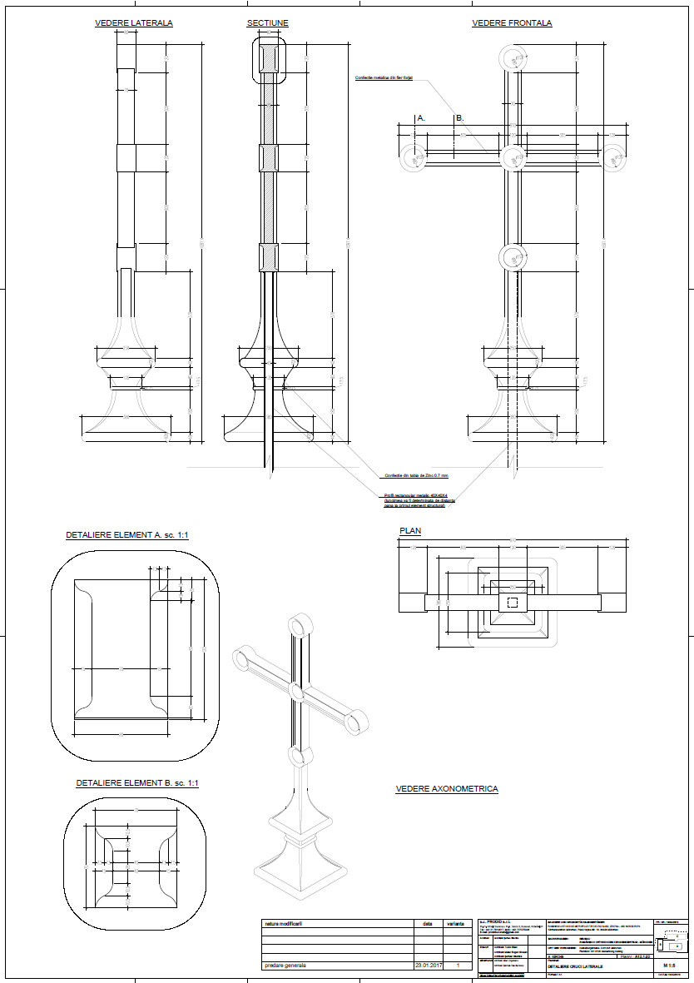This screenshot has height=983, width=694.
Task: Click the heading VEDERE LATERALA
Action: [x=134, y=23]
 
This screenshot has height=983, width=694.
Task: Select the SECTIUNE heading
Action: [x=267, y=23]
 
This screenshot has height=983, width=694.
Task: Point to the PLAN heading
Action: [x=411, y=530]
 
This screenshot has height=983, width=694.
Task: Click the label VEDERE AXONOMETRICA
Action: [x=447, y=788]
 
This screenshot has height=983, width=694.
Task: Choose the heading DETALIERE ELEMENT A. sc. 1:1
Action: [x=127, y=534]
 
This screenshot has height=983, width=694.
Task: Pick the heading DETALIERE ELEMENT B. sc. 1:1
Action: [x=137, y=783]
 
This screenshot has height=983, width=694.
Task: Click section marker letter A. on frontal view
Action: [x=421, y=118]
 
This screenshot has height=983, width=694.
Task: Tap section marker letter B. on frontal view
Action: [x=459, y=118]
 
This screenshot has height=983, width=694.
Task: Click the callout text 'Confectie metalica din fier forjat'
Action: [x=384, y=77]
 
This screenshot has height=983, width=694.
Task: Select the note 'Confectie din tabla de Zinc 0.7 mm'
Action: [x=416, y=475]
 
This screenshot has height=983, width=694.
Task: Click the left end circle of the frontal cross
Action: [x=414, y=157]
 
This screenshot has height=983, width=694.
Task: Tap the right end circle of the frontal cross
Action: [x=614, y=157]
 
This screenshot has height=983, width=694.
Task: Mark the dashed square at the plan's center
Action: [x=513, y=603]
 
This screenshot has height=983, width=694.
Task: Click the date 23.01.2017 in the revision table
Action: [x=428, y=966]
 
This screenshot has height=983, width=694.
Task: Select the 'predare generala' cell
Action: [x=285, y=966]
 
